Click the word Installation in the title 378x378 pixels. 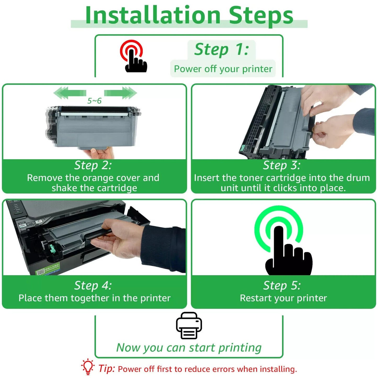click(x=153, y=15)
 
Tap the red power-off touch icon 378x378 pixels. click(x=133, y=56)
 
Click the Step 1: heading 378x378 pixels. click(x=222, y=49)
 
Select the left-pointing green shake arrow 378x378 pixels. click(x=70, y=93)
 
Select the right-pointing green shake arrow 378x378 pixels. click(x=120, y=93)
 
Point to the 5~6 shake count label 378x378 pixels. click(x=94, y=101)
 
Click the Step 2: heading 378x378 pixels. click(x=93, y=165)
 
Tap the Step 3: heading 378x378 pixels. click(x=282, y=165)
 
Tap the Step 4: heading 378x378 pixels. click(x=93, y=285)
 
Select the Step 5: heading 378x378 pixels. click(x=282, y=285)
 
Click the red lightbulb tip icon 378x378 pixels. click(x=88, y=366)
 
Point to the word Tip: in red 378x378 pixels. click(x=107, y=368)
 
